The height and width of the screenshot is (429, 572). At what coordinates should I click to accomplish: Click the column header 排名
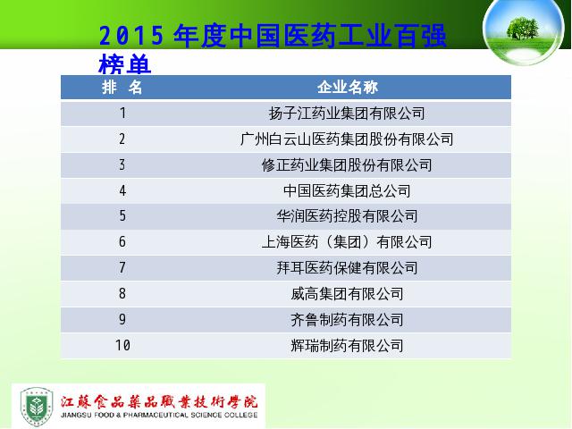[x=122, y=88]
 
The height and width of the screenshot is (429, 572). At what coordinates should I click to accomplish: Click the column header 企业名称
[x=348, y=88]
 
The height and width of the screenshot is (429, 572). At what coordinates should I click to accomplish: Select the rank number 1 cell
[x=123, y=114]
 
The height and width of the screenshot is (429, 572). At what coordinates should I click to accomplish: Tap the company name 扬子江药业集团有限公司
[x=347, y=114]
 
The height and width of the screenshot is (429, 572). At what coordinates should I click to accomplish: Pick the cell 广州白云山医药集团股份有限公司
[x=347, y=139]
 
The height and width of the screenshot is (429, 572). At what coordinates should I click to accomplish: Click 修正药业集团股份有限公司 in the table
[x=347, y=165]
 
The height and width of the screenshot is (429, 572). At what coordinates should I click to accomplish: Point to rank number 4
[x=122, y=190]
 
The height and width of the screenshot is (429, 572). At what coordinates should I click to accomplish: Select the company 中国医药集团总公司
[x=347, y=190]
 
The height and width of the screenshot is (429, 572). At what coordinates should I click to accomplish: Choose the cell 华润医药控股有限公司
[x=347, y=216]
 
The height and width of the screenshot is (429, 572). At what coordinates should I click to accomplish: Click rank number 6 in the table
[x=122, y=242]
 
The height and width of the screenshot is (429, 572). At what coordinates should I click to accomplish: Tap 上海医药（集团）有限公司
[x=347, y=242]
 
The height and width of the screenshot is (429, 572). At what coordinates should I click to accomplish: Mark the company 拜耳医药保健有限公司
[x=347, y=268]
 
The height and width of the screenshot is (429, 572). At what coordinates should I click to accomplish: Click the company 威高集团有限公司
[x=347, y=294]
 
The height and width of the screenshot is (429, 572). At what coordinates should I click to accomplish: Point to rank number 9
[x=122, y=320]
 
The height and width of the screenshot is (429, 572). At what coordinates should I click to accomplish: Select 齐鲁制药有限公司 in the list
[x=347, y=320]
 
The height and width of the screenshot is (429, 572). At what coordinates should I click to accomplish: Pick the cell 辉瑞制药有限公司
[x=347, y=346]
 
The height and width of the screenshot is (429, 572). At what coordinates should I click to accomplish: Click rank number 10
[x=122, y=345]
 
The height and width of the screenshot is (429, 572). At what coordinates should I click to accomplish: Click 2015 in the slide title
[x=131, y=36]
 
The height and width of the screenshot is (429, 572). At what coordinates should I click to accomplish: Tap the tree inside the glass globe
[x=522, y=28]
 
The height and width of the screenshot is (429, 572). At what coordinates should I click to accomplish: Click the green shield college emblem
[x=37, y=407]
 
